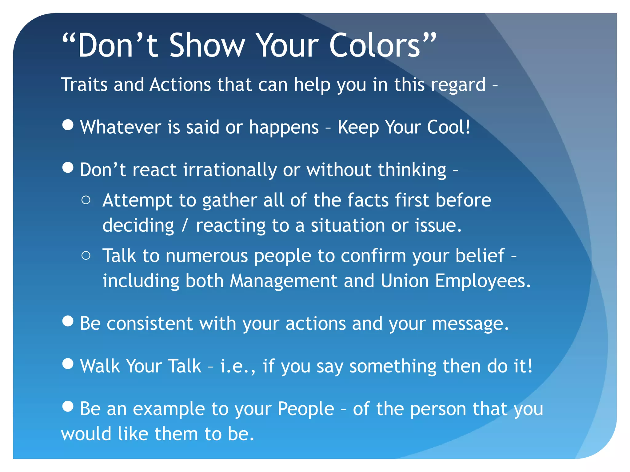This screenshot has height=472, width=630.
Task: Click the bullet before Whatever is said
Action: tap(68, 125)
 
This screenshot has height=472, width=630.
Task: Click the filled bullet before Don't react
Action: tap(68, 167)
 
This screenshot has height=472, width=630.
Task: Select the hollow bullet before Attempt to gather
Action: tap(86, 200)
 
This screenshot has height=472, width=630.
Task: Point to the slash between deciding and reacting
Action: tap(185, 226)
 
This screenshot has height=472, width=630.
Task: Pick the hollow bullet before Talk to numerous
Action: tap(86, 256)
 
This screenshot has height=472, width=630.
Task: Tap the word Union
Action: tap(405, 281)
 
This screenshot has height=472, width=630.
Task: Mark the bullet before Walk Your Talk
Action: tap(68, 364)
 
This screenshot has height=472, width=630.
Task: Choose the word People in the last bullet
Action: tap(305, 409)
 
